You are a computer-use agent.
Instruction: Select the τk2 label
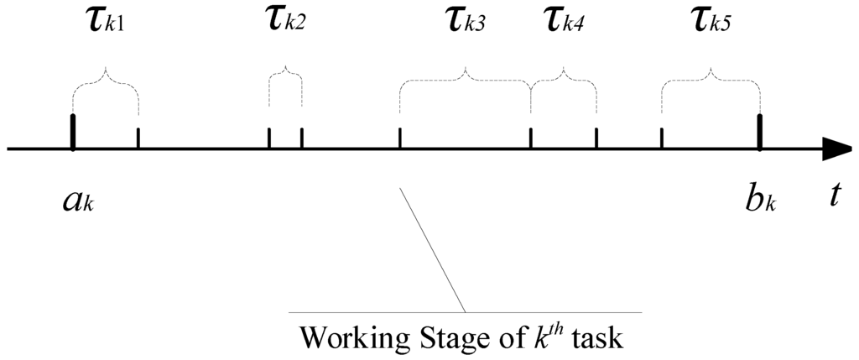(x=285, y=21)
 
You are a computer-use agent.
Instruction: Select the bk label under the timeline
(x=759, y=201)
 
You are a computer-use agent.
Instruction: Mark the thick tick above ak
(x=74, y=132)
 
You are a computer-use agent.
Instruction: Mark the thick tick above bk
(x=760, y=132)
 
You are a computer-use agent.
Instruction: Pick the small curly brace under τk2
(x=285, y=76)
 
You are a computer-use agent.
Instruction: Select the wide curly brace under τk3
(x=465, y=79)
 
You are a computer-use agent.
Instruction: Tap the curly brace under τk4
(x=564, y=79)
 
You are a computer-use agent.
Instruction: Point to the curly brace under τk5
(x=711, y=79)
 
